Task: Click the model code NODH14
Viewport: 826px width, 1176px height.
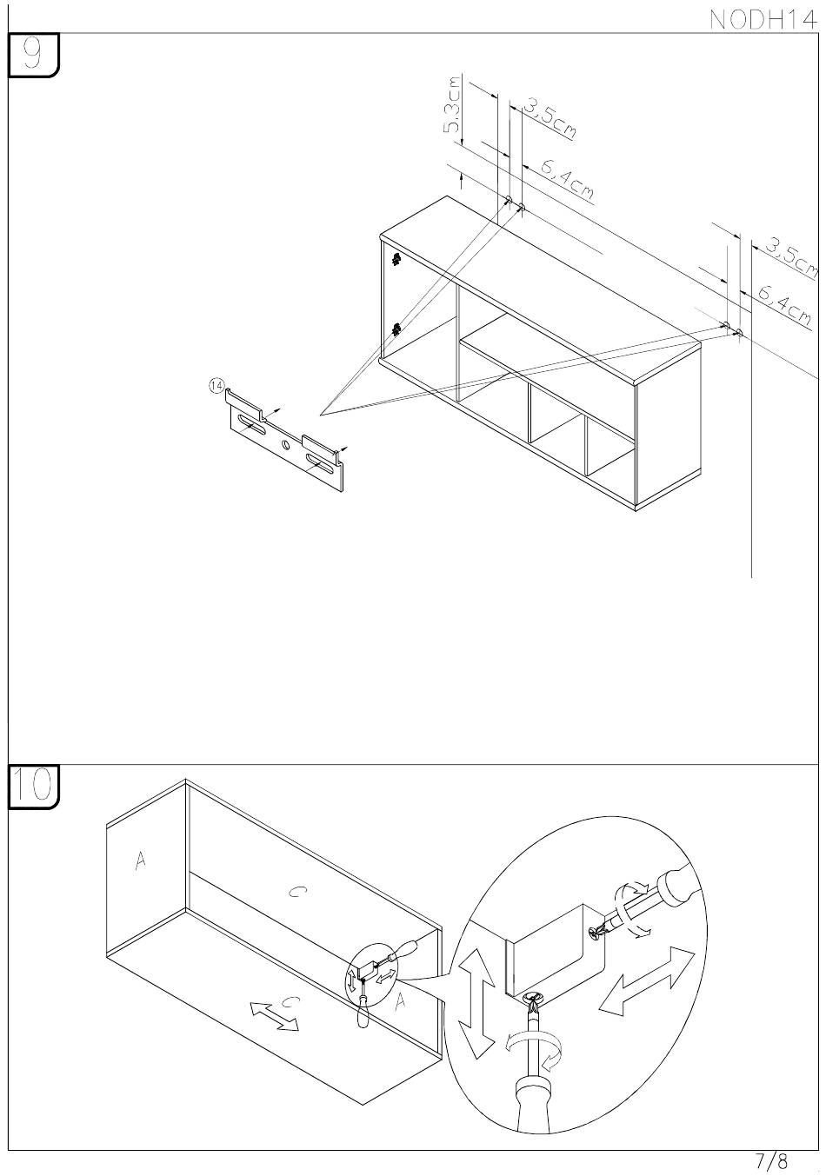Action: [x=763, y=19]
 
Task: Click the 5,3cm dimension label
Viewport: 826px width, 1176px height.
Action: [x=453, y=104]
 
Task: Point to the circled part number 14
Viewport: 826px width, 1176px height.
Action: [x=216, y=386]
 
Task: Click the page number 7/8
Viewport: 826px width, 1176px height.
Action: [x=771, y=1160]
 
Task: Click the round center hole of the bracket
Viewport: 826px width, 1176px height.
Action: [x=286, y=445]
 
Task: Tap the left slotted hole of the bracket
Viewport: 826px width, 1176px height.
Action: [x=251, y=423]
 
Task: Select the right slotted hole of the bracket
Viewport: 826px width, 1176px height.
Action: [x=322, y=462]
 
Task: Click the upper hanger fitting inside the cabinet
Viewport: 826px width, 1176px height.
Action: [x=396, y=258]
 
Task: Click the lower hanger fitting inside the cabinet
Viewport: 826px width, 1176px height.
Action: [x=396, y=329]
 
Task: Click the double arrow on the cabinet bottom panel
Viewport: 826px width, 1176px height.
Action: [x=274, y=1016]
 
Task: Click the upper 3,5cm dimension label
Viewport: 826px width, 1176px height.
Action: [x=550, y=120]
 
